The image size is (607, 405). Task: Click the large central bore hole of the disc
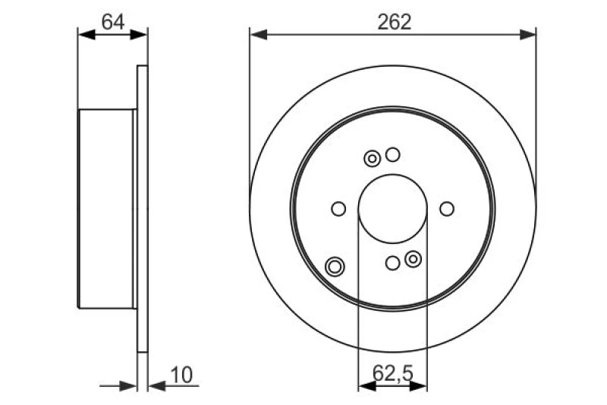[392, 208]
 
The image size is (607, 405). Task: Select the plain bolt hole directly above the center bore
[392, 155]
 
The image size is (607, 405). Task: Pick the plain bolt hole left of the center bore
[339, 208]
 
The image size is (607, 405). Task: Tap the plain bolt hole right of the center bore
[447, 208]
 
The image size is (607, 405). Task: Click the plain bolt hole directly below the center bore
[392, 263]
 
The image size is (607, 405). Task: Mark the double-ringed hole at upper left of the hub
[373, 158]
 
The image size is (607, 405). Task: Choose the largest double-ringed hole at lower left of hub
[335, 266]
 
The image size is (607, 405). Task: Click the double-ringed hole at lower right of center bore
[413, 259]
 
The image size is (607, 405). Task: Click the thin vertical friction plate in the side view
[142, 209]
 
